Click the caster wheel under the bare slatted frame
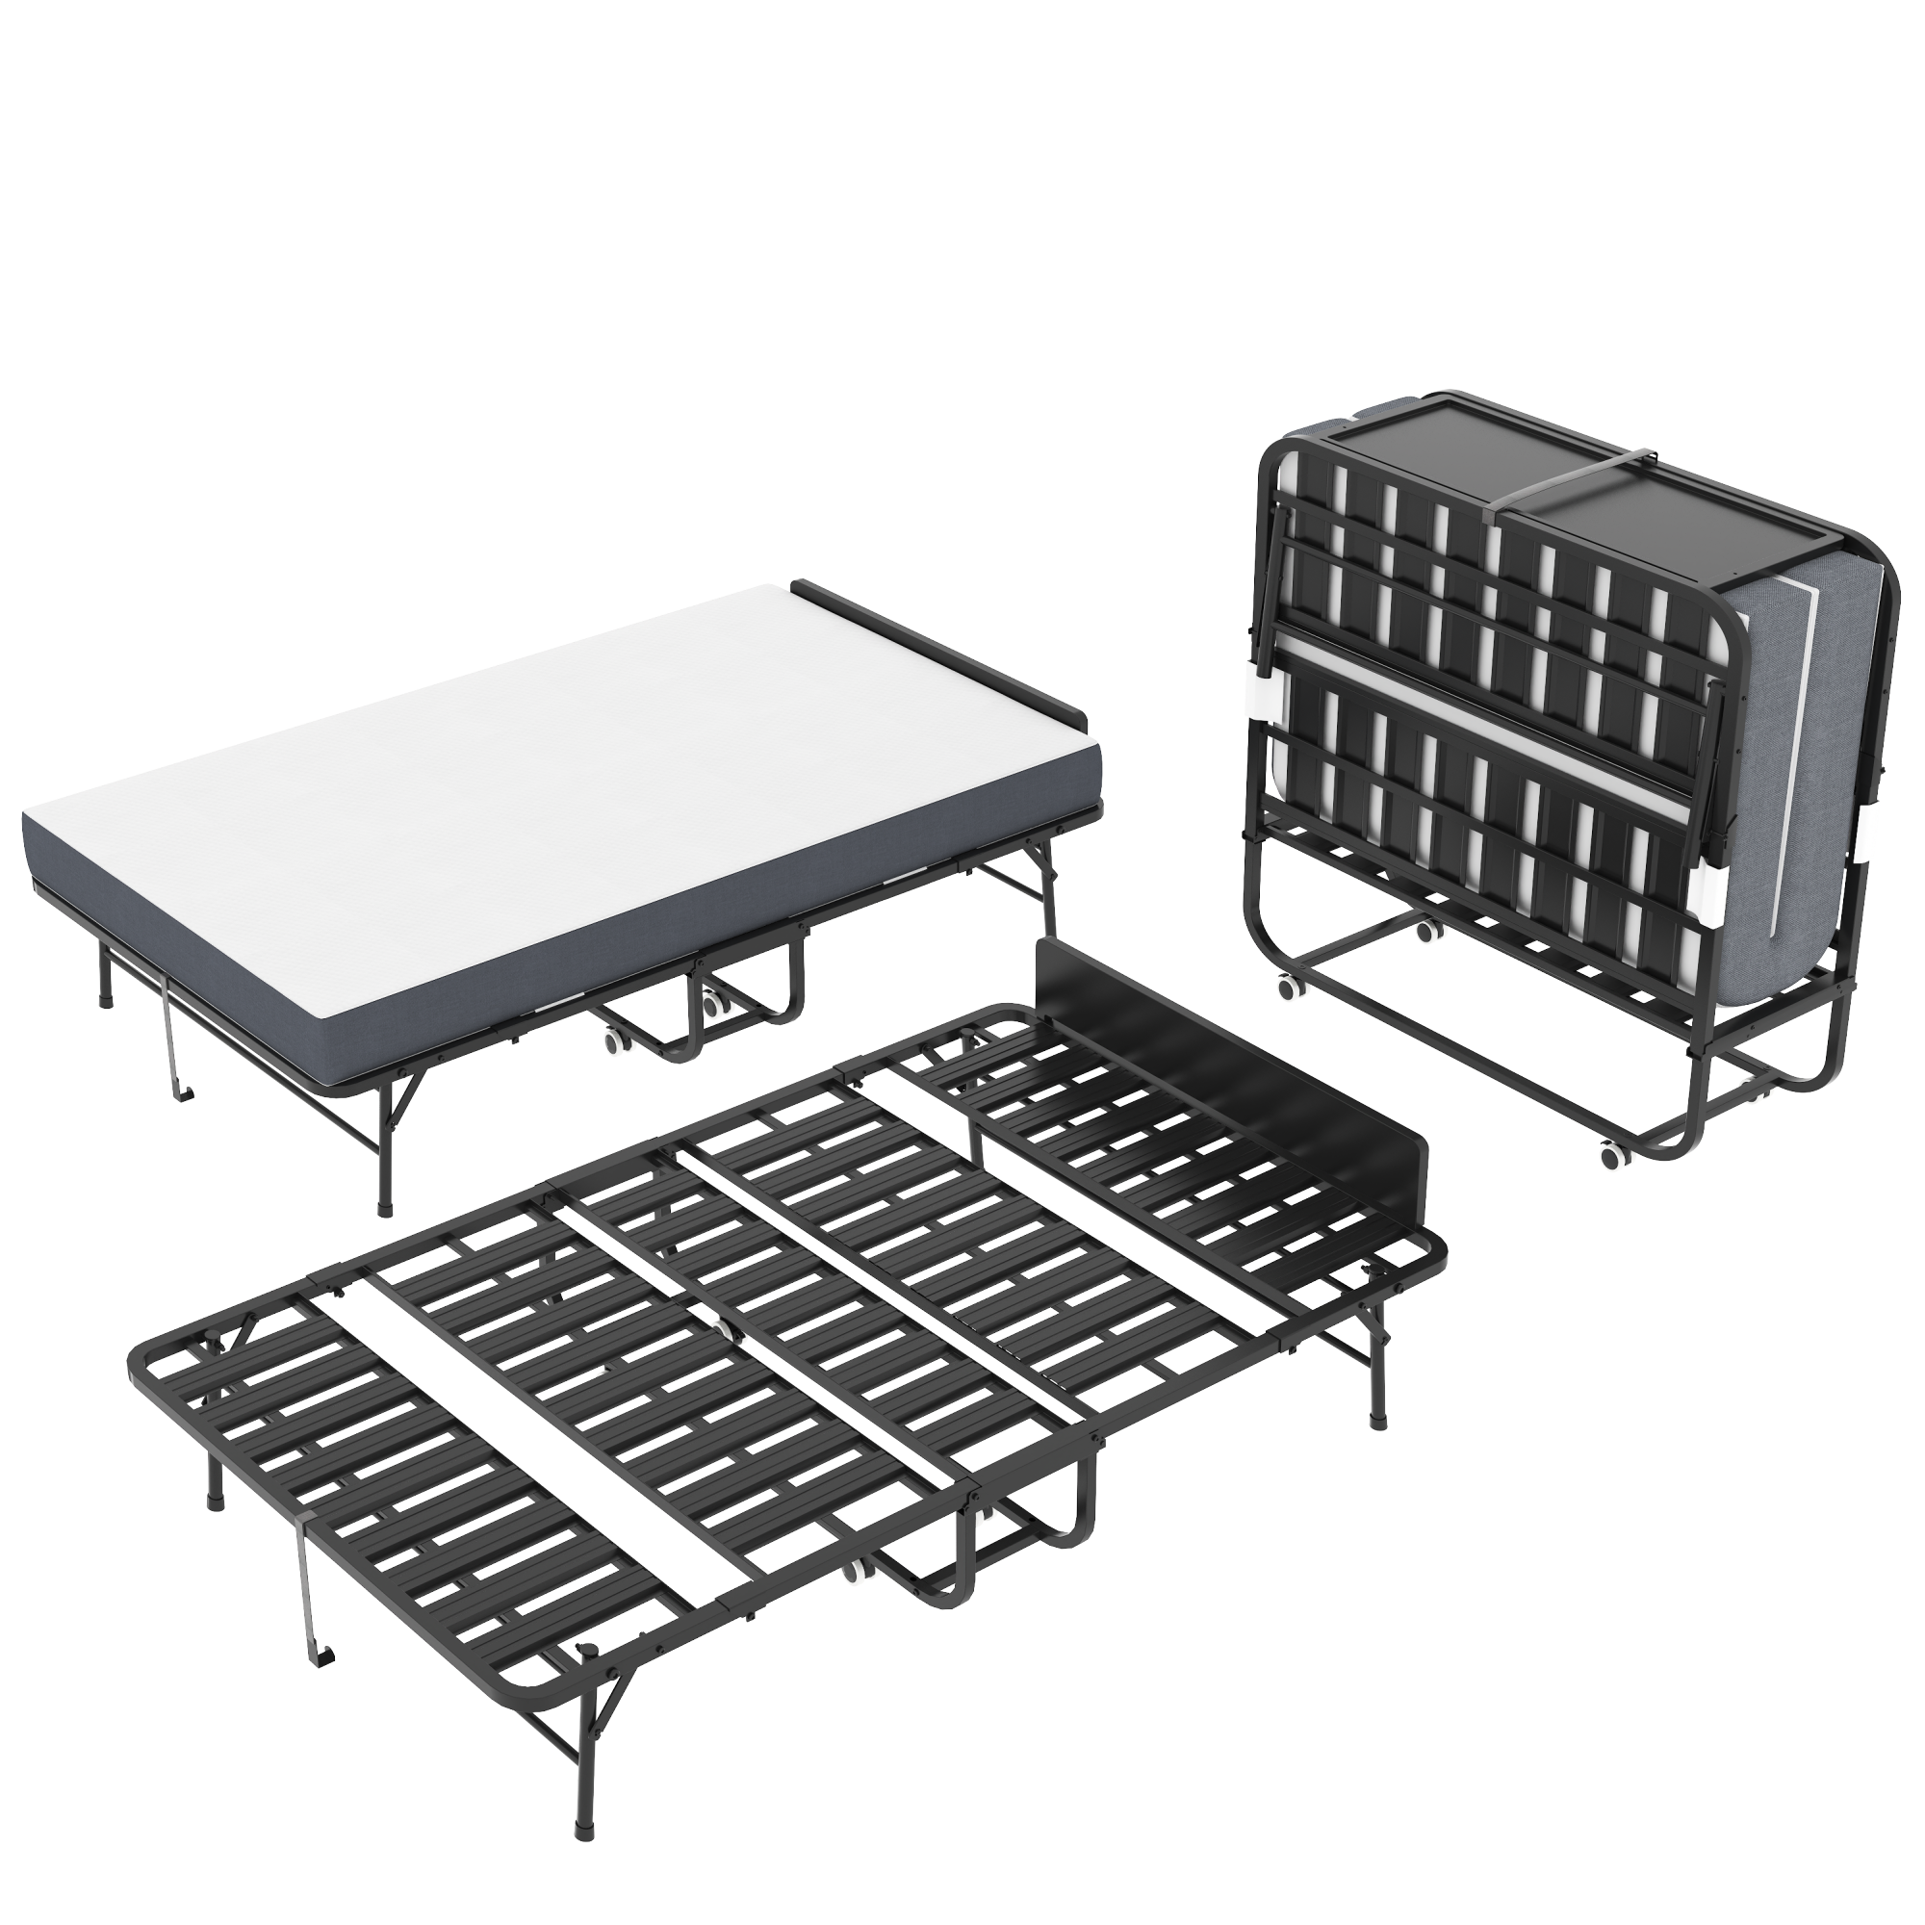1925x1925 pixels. [x=853, y=1574]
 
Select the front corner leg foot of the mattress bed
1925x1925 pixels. [x=387, y=1210]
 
